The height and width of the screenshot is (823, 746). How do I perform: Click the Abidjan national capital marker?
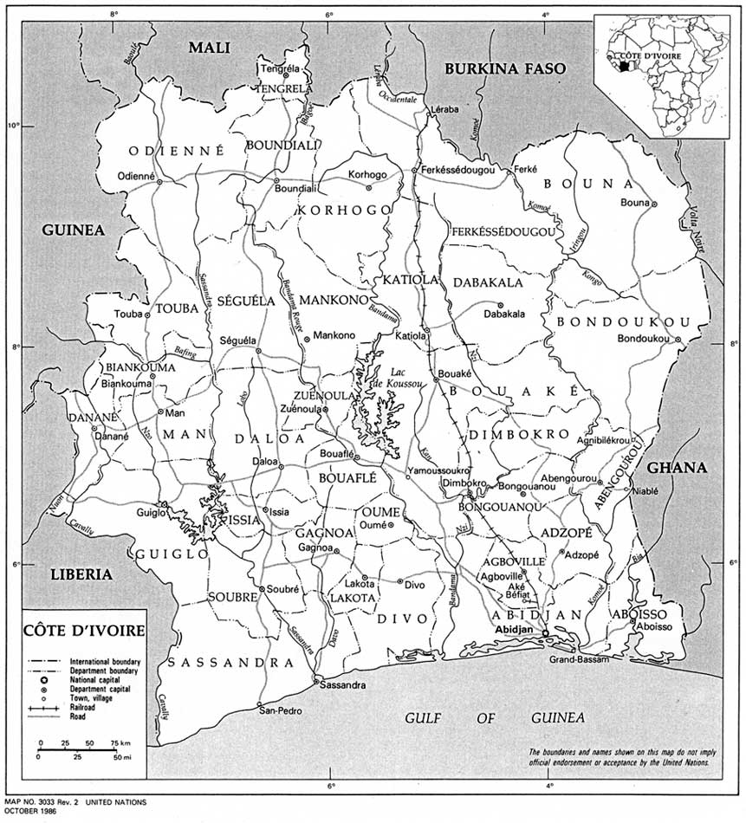coord(545,634)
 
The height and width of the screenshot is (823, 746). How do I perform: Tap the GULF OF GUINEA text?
coord(495,718)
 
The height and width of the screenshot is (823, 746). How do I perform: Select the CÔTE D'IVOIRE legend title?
coord(84,629)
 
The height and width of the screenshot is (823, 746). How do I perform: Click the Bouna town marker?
coord(655,204)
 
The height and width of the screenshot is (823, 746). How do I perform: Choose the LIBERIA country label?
coord(81,574)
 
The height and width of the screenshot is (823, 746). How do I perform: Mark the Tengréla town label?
coord(280,69)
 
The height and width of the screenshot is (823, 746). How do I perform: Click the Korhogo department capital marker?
coord(368,187)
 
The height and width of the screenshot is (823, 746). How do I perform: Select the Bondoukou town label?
coord(645,338)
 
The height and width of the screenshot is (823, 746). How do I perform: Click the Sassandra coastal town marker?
coord(316,680)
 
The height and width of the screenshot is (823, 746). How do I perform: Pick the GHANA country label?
coord(677,468)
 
